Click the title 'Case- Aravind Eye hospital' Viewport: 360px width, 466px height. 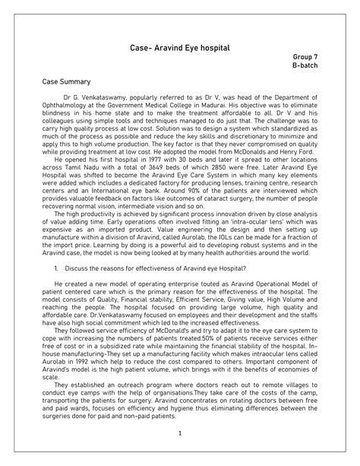tap(180, 49)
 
